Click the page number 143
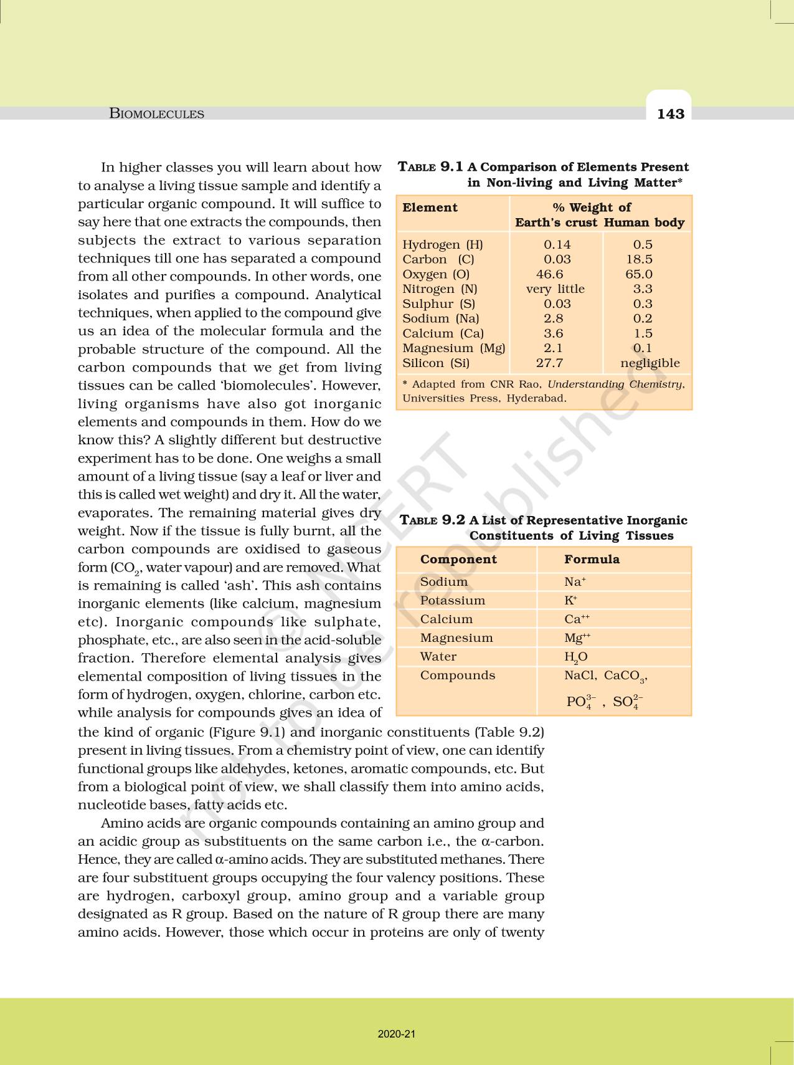670,114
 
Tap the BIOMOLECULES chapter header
156,114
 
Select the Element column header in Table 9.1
430,208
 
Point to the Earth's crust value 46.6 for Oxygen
549,274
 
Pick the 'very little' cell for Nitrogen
555,289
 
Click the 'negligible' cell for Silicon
650,363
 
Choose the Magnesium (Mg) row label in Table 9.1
453,348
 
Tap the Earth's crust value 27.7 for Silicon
549,363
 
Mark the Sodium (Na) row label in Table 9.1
440,318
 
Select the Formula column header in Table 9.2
592,560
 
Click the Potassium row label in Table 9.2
452,601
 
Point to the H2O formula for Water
575,657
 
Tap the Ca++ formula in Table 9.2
577,619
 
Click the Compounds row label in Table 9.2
458,676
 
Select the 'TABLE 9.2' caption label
432,520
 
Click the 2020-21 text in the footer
397,1034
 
